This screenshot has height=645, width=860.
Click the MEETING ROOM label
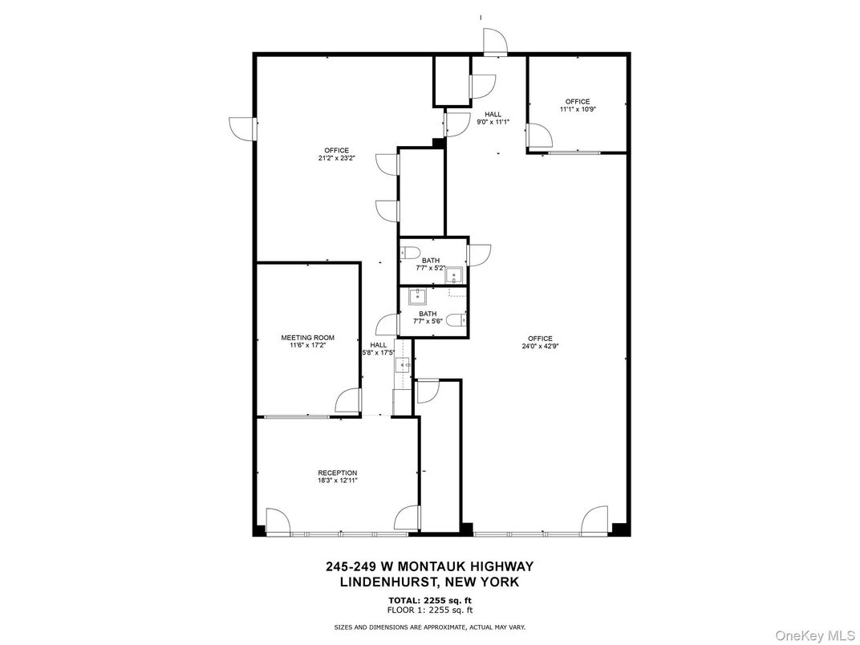(x=307, y=338)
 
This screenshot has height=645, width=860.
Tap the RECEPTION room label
(x=337, y=473)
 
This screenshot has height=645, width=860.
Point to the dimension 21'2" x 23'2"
(x=336, y=158)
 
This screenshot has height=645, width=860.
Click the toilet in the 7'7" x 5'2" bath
(x=411, y=254)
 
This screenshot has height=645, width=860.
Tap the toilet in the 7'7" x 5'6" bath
(x=456, y=320)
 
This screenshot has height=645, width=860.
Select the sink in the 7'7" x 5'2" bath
(x=455, y=276)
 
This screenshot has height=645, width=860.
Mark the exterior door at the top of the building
(x=493, y=42)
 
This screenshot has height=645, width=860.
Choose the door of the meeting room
(x=347, y=402)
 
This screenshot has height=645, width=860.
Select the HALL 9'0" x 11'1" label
(x=493, y=118)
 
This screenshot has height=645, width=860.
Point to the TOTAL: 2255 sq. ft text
(x=429, y=599)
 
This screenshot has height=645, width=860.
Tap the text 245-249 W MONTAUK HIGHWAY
(x=429, y=566)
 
